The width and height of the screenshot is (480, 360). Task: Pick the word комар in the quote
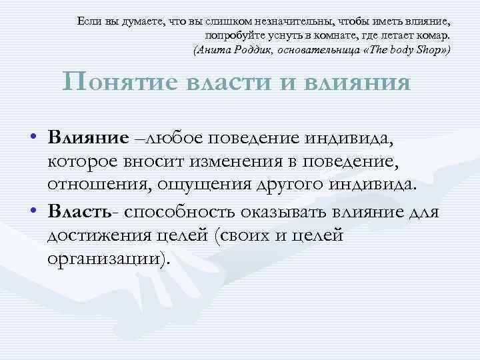(x=434, y=35)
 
